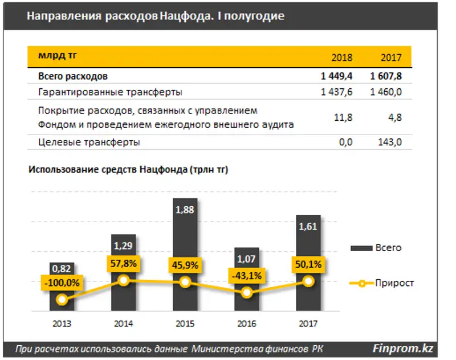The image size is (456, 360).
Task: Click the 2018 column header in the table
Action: [x=342, y=58]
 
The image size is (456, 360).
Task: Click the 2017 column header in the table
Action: [x=391, y=58]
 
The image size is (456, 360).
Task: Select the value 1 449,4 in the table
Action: [x=337, y=76]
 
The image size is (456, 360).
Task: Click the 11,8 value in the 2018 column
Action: [x=346, y=117]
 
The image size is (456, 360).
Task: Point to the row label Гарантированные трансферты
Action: [x=110, y=91]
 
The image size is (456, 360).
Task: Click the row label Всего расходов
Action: [x=73, y=76]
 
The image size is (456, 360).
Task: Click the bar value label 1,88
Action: [x=185, y=211]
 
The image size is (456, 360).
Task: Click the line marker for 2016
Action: [x=247, y=293]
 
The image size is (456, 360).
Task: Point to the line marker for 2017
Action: [x=308, y=281]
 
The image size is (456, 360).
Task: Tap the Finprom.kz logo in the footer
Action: [x=401, y=347]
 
